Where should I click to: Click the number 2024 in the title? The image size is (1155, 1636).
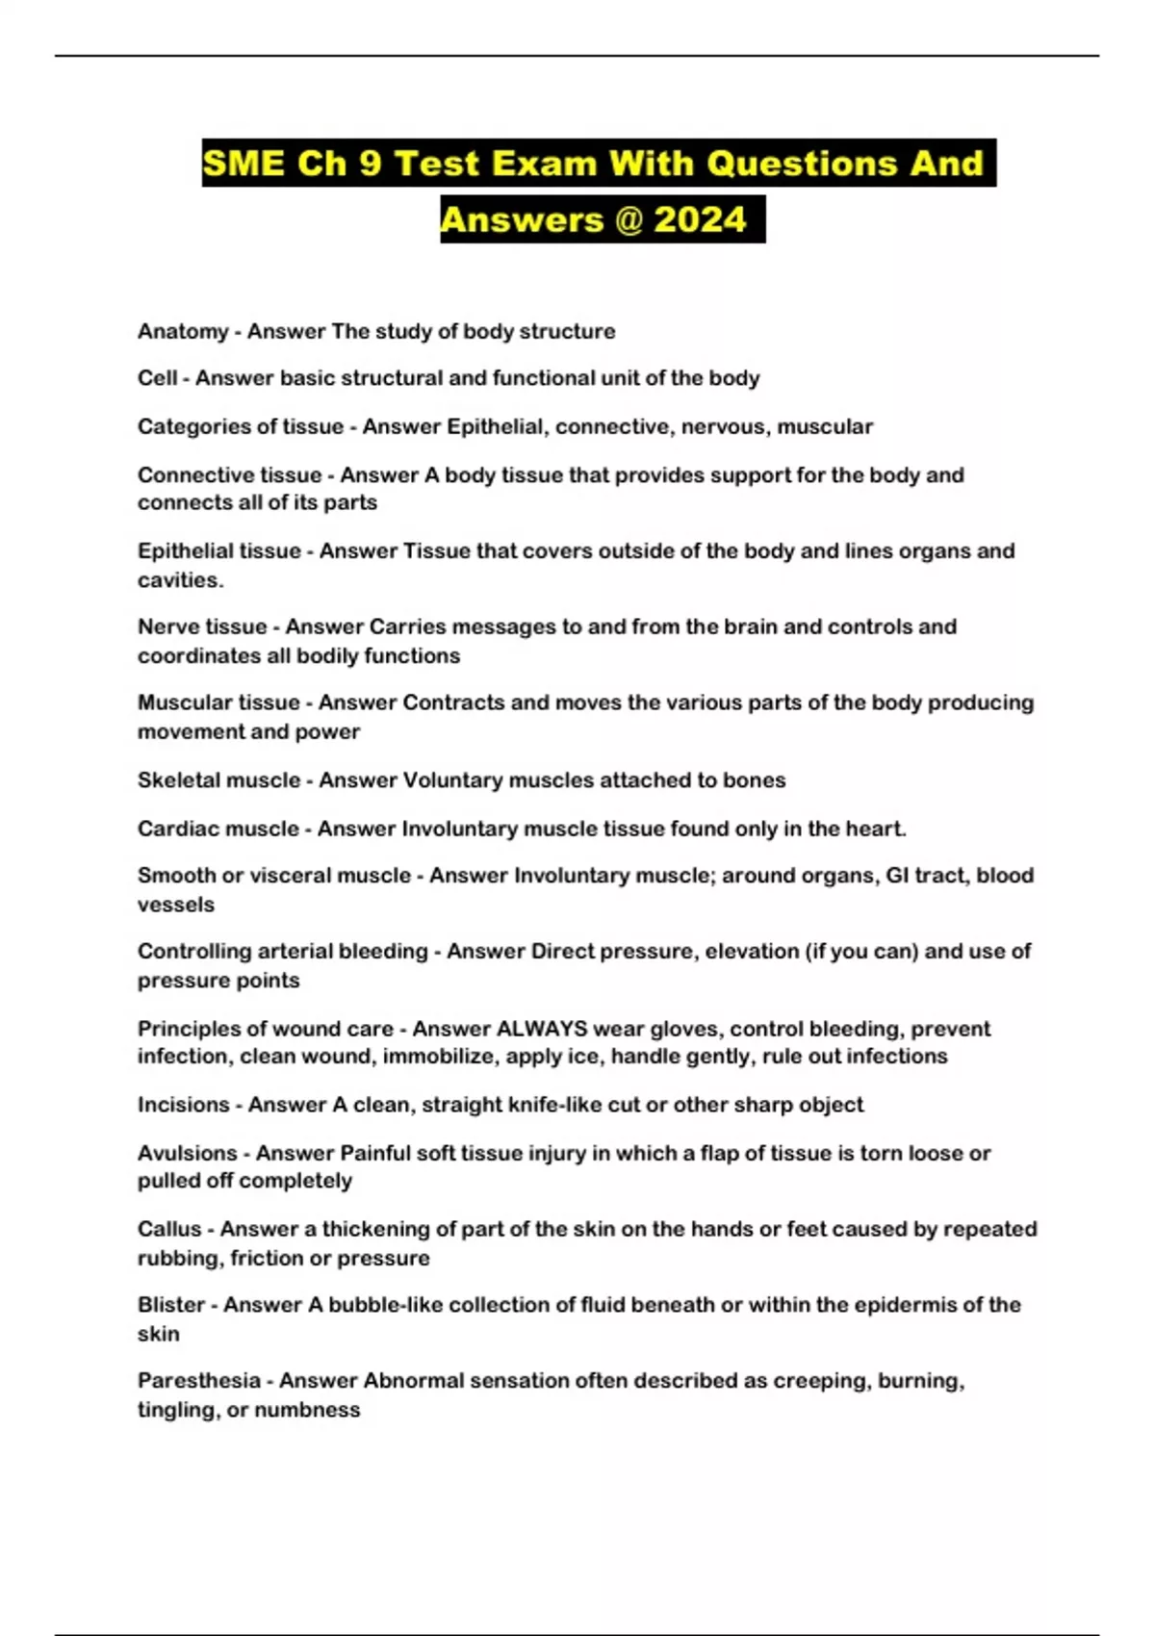[x=700, y=220]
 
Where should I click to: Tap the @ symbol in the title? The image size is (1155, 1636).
[x=627, y=220]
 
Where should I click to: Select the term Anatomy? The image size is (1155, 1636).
[x=183, y=331]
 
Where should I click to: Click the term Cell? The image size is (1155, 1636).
[x=157, y=378]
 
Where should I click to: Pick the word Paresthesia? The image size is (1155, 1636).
[x=199, y=1381]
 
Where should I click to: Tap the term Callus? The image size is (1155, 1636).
[x=169, y=1229]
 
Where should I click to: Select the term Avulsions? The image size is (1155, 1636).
[x=187, y=1153]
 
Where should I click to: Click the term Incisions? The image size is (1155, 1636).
[x=183, y=1105]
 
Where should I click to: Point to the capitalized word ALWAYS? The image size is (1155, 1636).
[x=541, y=1029]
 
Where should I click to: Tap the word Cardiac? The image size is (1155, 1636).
[x=176, y=829]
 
